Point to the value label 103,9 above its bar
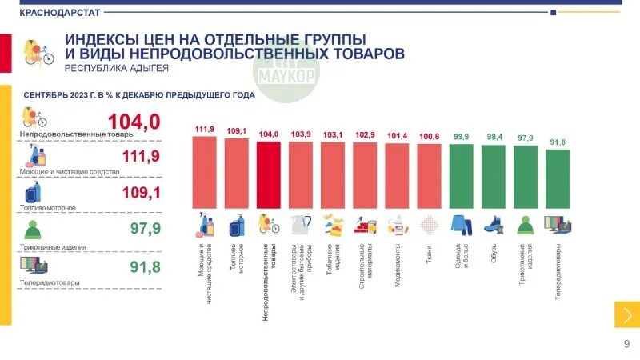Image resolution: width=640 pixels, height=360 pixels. [301, 134]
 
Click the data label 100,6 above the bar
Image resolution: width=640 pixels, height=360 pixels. [430, 137]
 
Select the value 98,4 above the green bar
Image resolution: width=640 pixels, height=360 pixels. [494, 138]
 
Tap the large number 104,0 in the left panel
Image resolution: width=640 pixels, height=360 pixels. [134, 122]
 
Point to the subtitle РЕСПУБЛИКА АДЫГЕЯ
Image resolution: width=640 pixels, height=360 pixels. [116, 70]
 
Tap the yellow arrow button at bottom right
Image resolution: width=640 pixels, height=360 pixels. [626, 314]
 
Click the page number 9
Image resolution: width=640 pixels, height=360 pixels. [626, 344]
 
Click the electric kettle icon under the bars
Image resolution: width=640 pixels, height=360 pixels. [301, 225]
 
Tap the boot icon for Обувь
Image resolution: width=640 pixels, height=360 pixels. [494, 225]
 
